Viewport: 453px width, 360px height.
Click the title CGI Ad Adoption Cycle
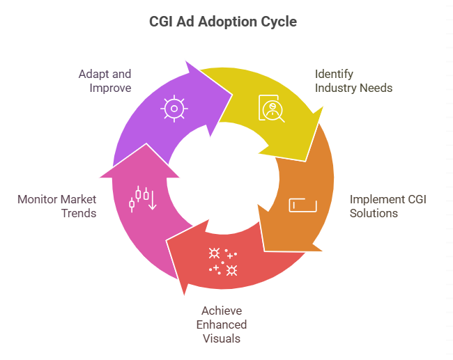(x=223, y=22)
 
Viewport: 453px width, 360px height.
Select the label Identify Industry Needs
(x=353, y=81)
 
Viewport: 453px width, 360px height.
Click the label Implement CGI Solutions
(x=387, y=206)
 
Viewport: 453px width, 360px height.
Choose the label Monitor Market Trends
(x=57, y=206)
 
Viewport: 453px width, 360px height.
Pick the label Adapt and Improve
(x=105, y=81)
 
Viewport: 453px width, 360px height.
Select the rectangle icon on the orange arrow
(x=303, y=205)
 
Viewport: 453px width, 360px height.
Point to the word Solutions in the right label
(x=374, y=213)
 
